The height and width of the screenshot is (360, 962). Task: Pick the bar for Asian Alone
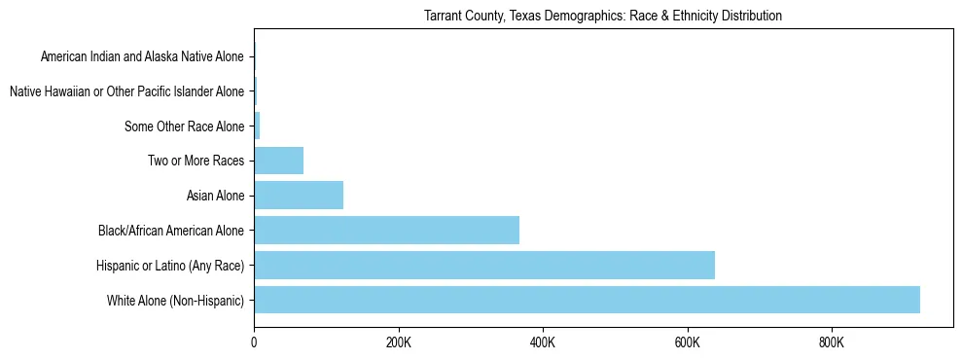(299, 196)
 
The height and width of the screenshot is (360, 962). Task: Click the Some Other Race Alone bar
(257, 126)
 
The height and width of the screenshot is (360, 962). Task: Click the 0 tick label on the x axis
(254, 342)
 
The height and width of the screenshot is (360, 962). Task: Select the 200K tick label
(399, 342)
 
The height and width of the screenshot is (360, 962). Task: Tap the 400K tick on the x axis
(543, 342)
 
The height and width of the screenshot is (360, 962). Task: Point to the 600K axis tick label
(688, 342)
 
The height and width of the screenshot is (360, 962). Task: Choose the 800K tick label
(832, 342)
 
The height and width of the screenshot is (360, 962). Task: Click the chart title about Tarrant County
(603, 17)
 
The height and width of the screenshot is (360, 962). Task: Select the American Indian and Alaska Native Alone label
(142, 56)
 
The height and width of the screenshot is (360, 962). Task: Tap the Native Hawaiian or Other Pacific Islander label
(126, 91)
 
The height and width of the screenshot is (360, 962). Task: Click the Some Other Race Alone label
(184, 126)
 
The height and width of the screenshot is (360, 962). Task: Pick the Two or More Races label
(196, 162)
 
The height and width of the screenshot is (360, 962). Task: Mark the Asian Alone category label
(215, 196)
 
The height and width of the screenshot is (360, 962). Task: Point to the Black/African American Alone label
(171, 231)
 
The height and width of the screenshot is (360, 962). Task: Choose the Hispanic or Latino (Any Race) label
(170, 266)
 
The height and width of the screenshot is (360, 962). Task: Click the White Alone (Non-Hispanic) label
(175, 301)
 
